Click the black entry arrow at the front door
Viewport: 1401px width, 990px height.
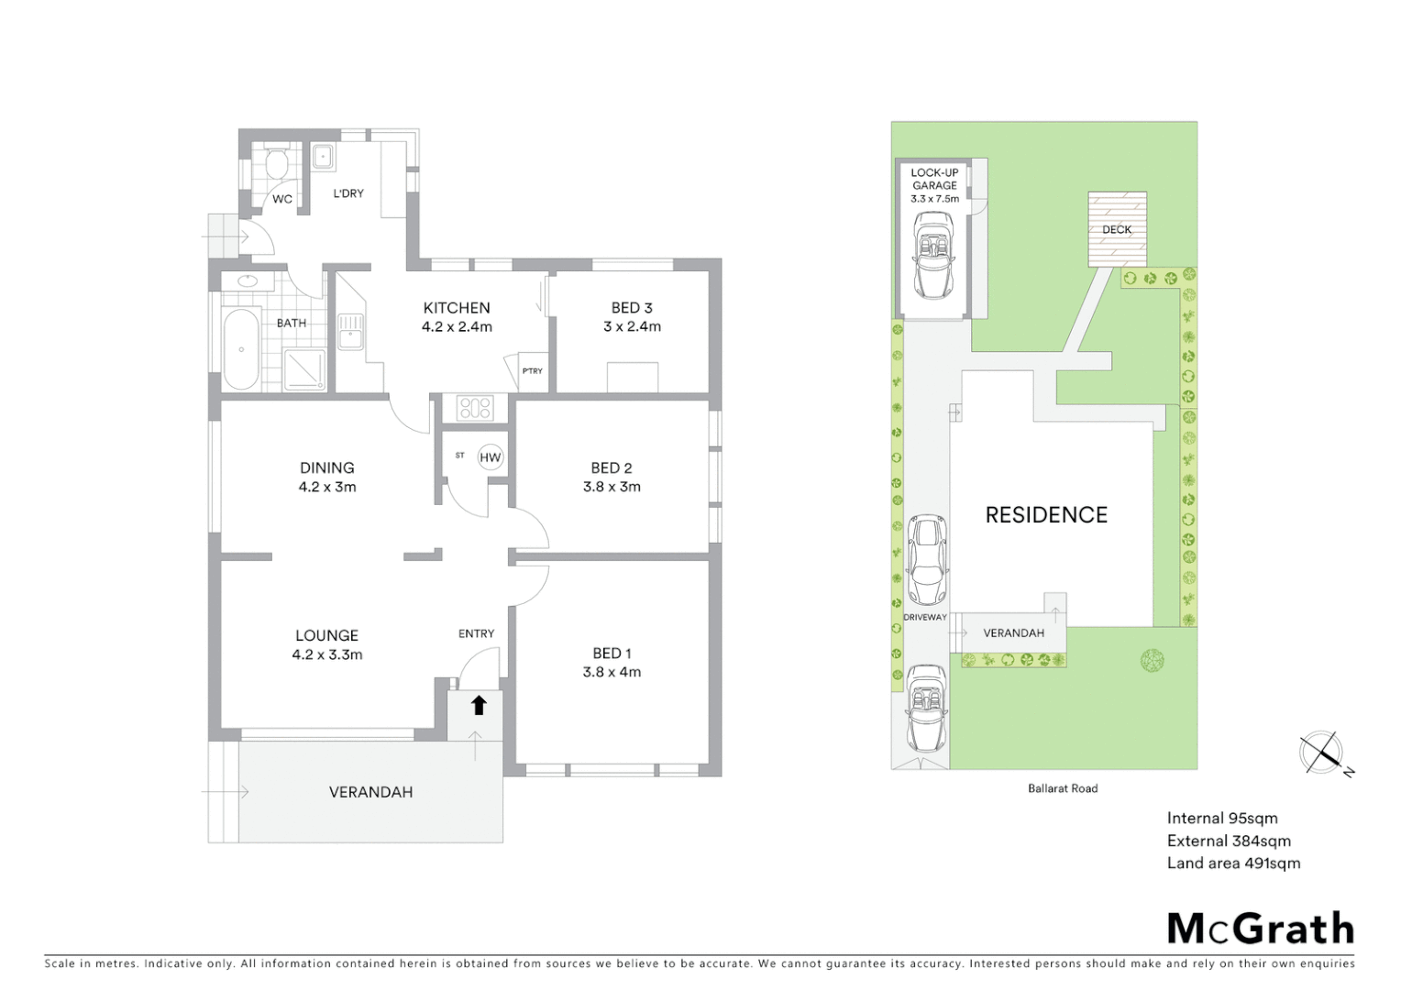point(477,705)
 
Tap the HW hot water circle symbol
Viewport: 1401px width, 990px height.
point(491,457)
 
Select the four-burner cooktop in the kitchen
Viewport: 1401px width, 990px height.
point(474,408)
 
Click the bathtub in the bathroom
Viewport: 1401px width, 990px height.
point(241,349)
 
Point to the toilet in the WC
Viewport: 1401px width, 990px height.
point(274,164)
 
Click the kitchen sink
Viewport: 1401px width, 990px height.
point(350,332)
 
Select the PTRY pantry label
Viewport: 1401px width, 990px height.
point(532,371)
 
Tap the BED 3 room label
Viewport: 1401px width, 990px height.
point(632,308)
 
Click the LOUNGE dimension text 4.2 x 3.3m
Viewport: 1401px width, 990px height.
point(326,654)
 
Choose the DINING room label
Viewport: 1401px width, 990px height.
point(326,467)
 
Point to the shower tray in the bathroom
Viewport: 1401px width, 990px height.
point(303,370)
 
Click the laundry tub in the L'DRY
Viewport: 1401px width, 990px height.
point(322,158)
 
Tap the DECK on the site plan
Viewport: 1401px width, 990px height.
point(1117,229)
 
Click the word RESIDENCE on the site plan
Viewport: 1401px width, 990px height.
point(1046,515)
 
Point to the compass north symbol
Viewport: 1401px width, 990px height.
point(1321,753)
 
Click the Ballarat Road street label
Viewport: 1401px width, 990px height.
point(1063,788)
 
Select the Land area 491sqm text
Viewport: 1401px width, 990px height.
point(1233,863)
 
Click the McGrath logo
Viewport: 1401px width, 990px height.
point(1260,929)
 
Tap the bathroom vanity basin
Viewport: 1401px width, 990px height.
point(247,281)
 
